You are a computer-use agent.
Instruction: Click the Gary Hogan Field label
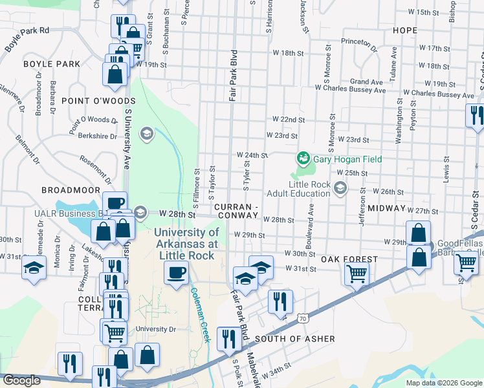click(x=347, y=159)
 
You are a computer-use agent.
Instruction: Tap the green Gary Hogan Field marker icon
click(x=302, y=158)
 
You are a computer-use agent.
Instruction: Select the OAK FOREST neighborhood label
click(x=349, y=259)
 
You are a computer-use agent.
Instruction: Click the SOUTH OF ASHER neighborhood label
click(x=295, y=339)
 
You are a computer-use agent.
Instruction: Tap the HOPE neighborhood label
click(x=404, y=30)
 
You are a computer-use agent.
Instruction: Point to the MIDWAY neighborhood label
click(x=386, y=210)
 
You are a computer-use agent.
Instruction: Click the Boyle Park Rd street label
click(x=27, y=39)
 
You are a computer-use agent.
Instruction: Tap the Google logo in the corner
click(x=21, y=380)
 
